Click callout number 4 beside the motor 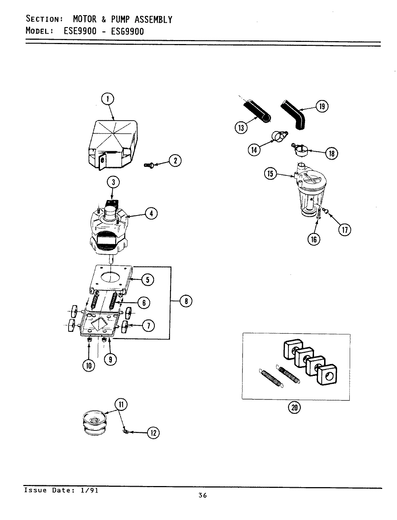pyautogui.click(x=151, y=214)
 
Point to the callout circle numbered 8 pyautogui.click(x=186, y=301)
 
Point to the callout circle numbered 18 pyautogui.click(x=331, y=153)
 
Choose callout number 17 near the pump pyautogui.click(x=345, y=230)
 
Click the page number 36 pyautogui.click(x=202, y=495)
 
